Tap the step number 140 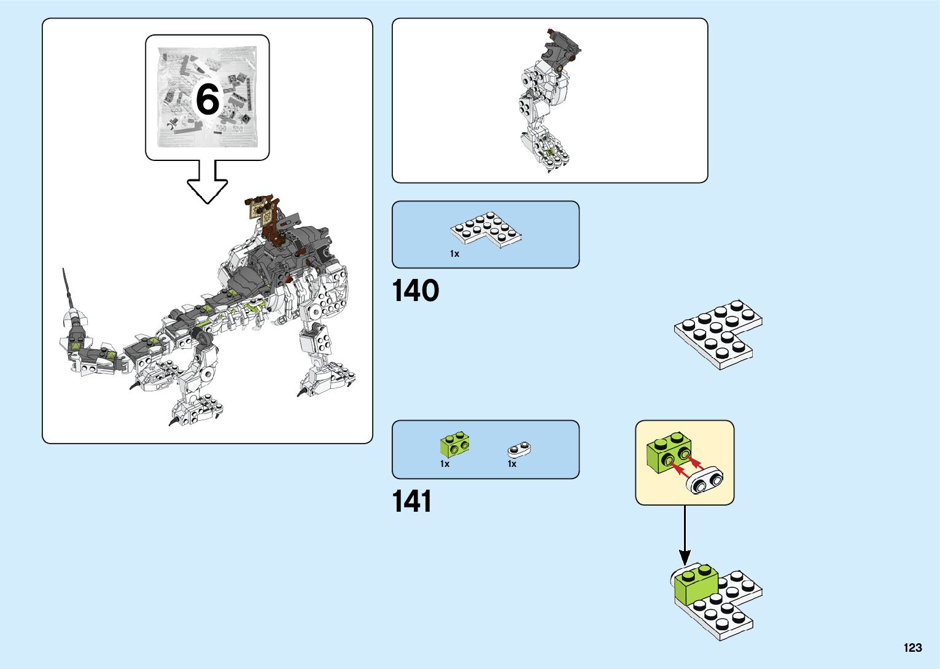416,291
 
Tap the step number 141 412,501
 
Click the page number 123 912,647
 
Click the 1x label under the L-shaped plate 454,254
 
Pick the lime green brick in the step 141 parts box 454,445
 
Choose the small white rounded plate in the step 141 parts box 519,450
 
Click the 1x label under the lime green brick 445,464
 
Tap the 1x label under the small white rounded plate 512,464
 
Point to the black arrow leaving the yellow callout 685,534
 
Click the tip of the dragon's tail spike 64,270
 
